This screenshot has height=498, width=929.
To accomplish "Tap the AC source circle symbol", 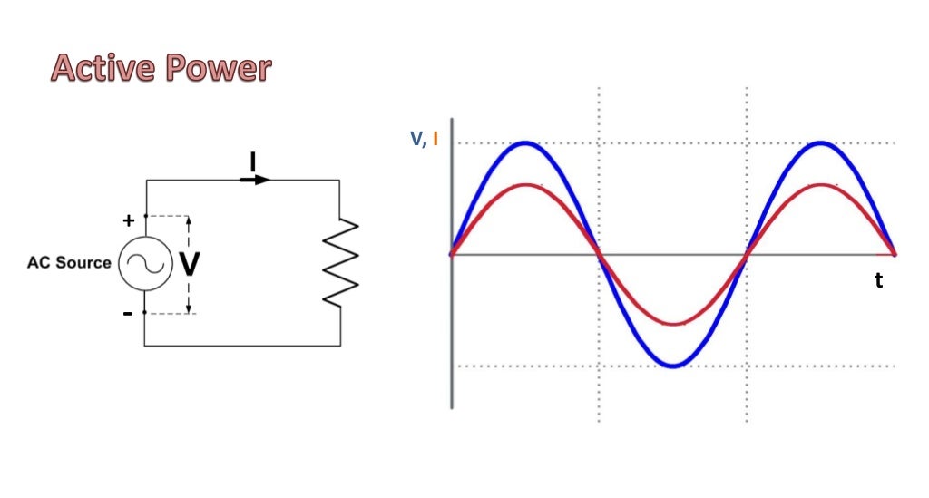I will (145, 264).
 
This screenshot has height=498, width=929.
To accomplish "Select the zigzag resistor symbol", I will (341, 262).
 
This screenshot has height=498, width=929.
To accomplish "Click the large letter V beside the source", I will (189, 264).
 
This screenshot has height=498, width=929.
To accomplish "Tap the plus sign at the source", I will (128, 220).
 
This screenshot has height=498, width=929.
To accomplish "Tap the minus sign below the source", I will (128, 313).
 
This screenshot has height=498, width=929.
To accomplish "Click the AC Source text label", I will (69, 263).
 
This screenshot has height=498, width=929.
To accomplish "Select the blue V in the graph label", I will (417, 139).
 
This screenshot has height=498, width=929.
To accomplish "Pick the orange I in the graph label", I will (435, 139).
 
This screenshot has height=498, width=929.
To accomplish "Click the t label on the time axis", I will (878, 281).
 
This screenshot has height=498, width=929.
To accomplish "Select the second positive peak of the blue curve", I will (821, 142).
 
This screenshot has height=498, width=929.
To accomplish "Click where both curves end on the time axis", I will (895, 254).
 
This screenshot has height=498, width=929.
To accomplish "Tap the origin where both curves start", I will (452, 254).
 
